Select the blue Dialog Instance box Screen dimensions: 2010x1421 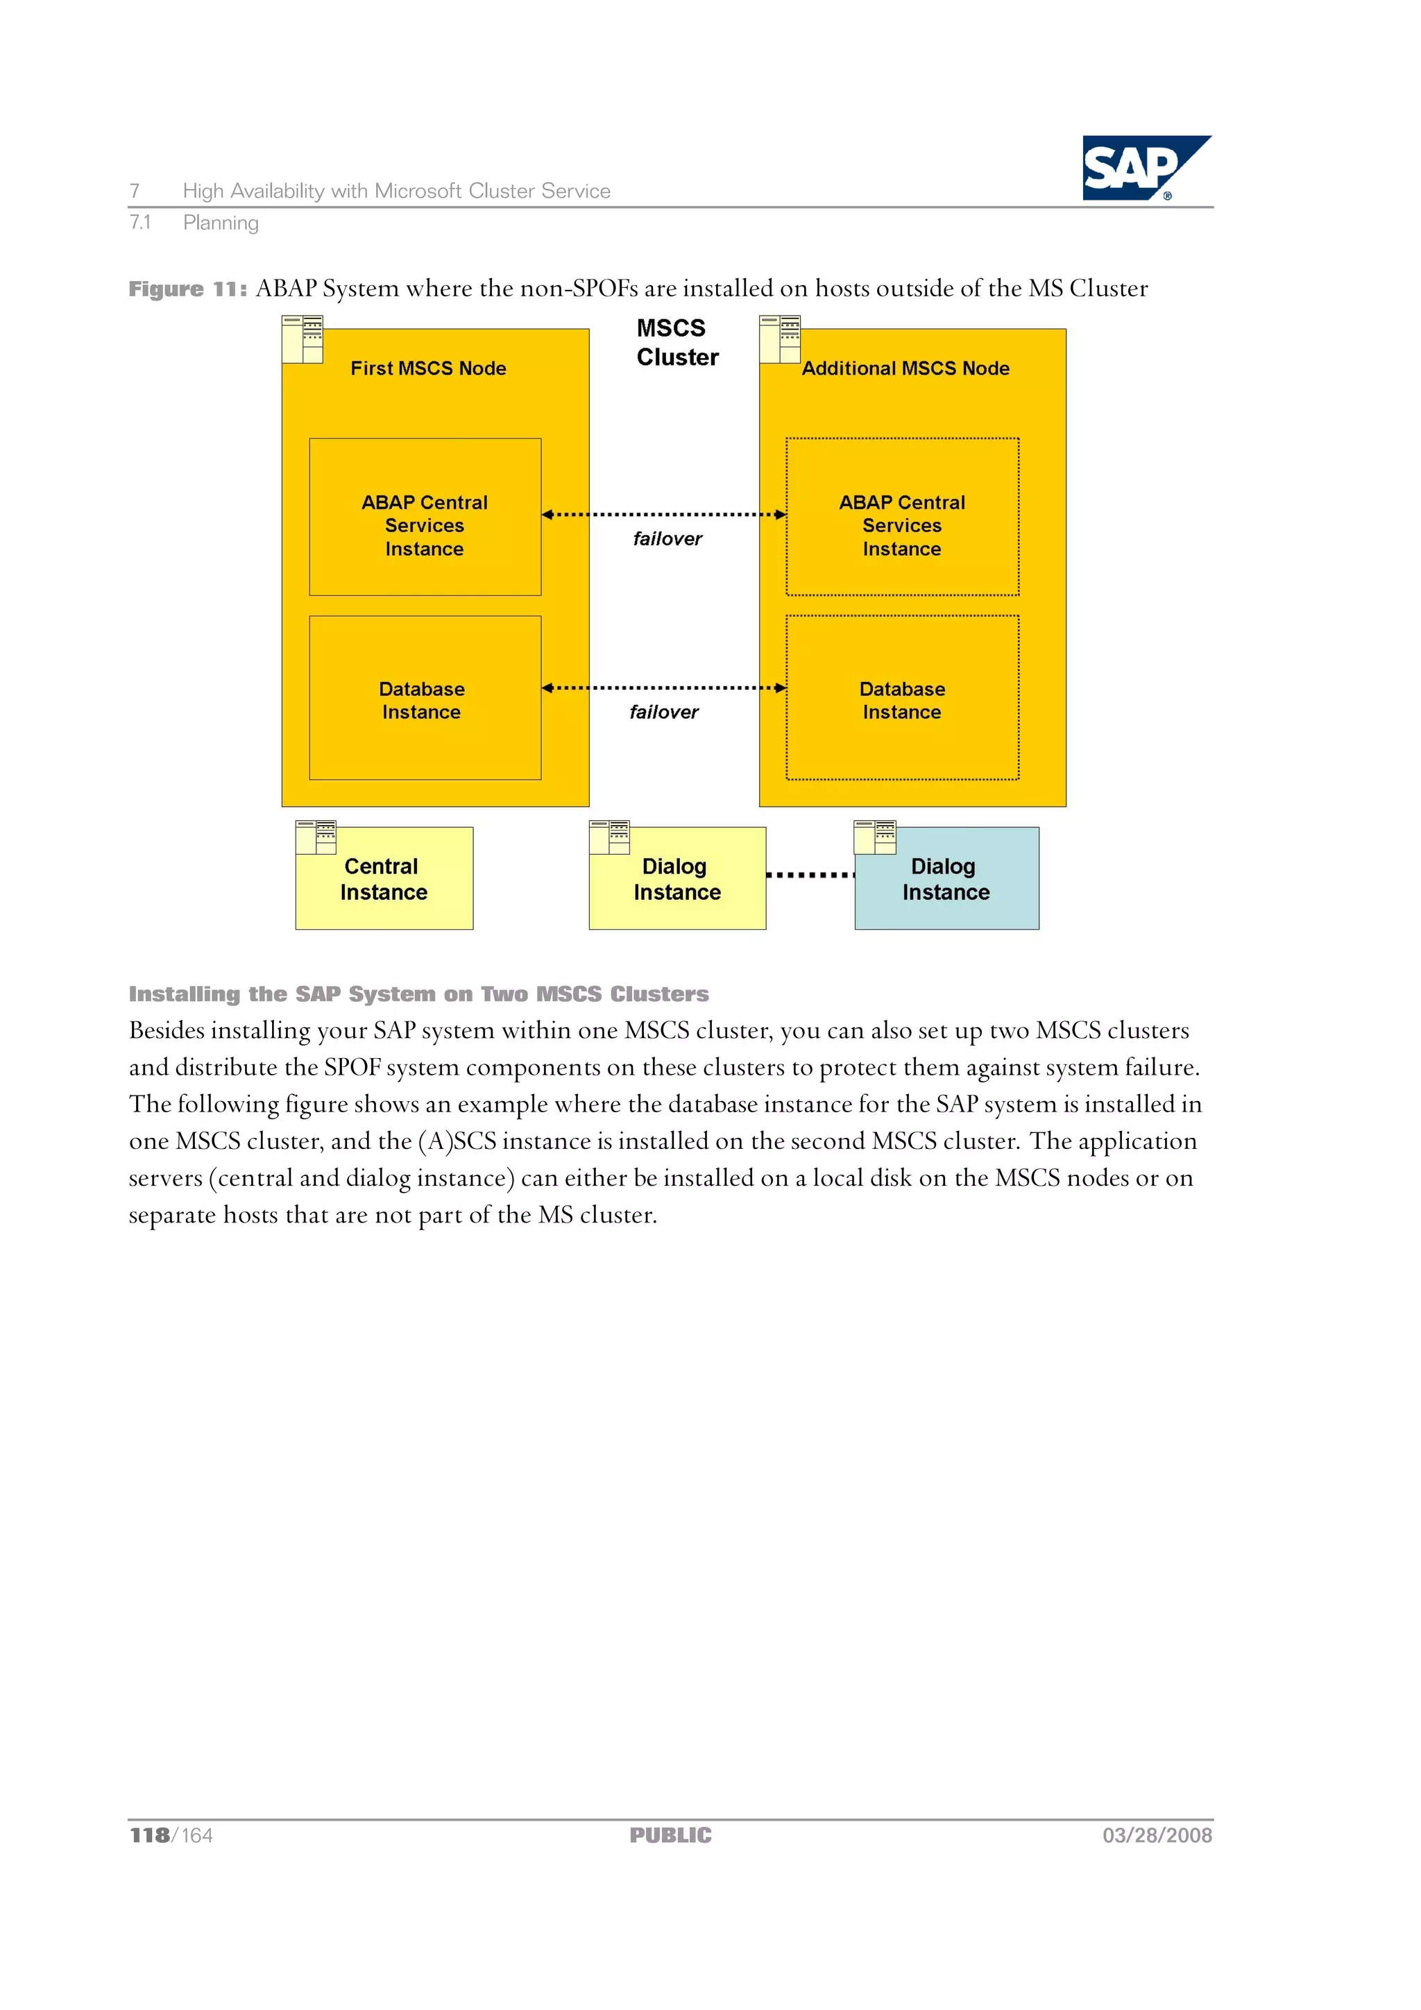coord(946,879)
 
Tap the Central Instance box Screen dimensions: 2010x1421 coord(384,879)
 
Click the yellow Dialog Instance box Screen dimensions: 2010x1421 coord(677,879)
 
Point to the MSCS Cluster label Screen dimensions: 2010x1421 coord(677,342)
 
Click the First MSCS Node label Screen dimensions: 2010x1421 coord(428,368)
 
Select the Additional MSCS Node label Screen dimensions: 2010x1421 coord(905,368)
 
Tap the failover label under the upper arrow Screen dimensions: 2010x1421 coord(667,539)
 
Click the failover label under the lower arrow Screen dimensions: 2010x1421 coord(663,713)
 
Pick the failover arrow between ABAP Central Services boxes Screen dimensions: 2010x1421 coord(663,515)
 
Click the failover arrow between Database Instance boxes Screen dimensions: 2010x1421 coord(663,688)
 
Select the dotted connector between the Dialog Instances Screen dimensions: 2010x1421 coord(810,874)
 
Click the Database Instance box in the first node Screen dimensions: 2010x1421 coord(425,699)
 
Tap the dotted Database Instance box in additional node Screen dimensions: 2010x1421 coord(902,699)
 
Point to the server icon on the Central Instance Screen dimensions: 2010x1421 coord(316,837)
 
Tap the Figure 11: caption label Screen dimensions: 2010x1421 coord(187,289)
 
